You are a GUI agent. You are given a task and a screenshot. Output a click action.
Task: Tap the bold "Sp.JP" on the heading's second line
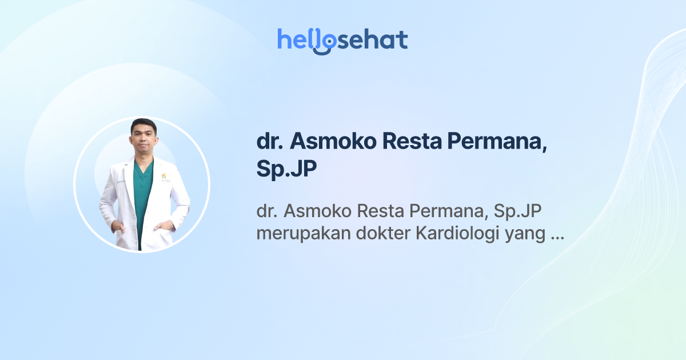tap(286, 170)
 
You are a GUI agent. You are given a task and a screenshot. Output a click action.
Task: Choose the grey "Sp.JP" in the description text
tap(517, 211)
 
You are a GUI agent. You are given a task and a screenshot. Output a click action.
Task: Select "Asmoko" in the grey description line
tap(318, 211)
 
